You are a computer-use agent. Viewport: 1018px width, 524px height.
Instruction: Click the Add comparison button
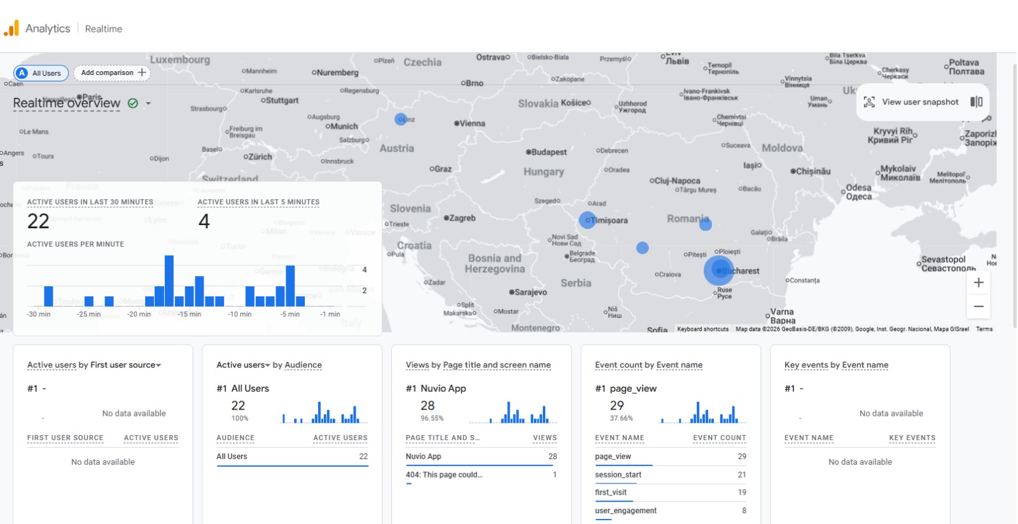click(x=113, y=72)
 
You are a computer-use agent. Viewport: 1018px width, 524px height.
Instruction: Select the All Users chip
click(x=39, y=73)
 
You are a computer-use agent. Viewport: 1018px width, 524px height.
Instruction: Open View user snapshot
click(x=919, y=102)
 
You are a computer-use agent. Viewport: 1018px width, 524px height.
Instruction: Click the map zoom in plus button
click(x=979, y=282)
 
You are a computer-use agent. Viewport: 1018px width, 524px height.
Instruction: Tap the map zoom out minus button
click(x=979, y=307)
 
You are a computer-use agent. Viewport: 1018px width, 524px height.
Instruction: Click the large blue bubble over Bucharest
click(x=719, y=270)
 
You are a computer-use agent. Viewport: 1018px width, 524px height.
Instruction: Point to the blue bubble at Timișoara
click(x=587, y=220)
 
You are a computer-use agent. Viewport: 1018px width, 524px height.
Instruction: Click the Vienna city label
click(x=471, y=123)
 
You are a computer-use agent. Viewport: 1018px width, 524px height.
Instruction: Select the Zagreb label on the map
click(x=462, y=218)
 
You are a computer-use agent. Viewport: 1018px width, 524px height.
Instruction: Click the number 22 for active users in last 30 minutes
click(x=38, y=221)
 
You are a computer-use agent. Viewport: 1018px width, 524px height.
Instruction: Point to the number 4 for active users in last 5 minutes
click(x=204, y=221)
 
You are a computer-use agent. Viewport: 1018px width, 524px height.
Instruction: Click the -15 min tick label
click(x=190, y=314)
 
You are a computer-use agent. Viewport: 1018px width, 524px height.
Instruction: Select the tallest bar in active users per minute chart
click(x=169, y=280)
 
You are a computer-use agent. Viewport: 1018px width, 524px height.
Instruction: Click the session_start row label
click(x=618, y=474)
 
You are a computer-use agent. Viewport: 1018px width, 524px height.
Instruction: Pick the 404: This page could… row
click(x=444, y=474)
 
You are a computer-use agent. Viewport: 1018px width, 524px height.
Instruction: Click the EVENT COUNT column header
click(x=719, y=438)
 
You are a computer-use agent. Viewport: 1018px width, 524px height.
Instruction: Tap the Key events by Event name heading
click(x=836, y=365)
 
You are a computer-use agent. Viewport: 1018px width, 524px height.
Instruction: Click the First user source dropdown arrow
click(x=158, y=365)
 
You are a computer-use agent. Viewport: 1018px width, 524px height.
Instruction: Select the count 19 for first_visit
click(x=742, y=492)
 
